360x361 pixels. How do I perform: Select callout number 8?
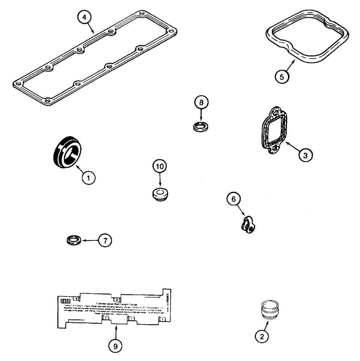pyautogui.click(x=202, y=103)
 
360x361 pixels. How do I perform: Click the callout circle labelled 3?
pyautogui.click(x=305, y=155)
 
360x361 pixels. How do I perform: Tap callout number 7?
pyautogui.click(x=105, y=241)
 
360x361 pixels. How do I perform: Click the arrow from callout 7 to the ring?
pyautogui.click(x=91, y=240)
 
